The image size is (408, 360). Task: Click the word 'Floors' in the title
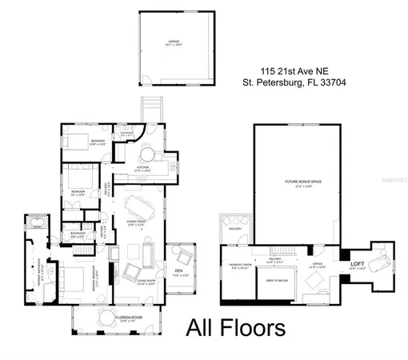(257, 328)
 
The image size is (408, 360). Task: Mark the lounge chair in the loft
(382, 258)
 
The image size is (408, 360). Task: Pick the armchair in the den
(184, 258)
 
